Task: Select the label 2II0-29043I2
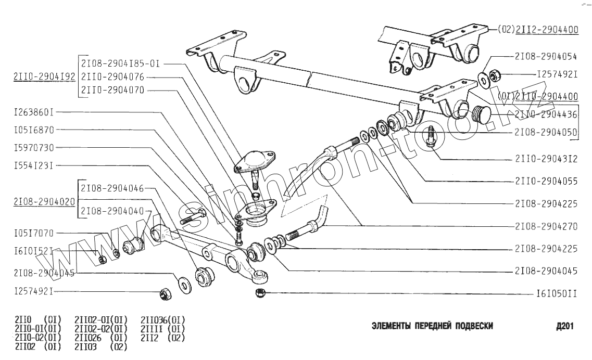click(546, 159)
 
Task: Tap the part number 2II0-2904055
click(546, 182)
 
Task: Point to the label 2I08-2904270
click(546, 227)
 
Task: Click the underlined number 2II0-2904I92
click(45, 76)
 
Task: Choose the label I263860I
click(34, 112)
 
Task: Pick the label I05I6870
click(34, 130)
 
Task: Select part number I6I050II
click(557, 294)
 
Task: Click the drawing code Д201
click(565, 327)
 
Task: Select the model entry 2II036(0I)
click(163, 319)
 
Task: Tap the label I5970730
click(34, 148)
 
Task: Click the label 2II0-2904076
click(112, 77)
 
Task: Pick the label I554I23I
click(34, 165)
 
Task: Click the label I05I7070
click(34, 233)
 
